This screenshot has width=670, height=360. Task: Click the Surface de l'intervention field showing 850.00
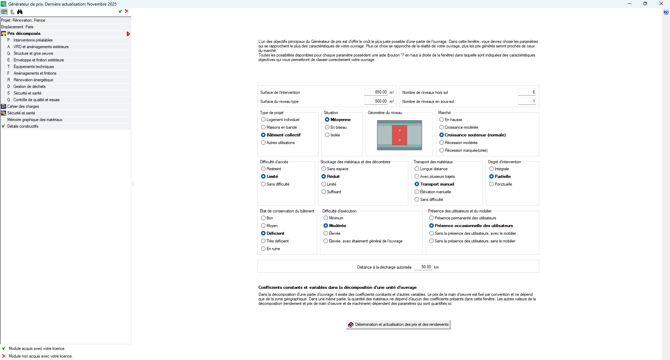(x=376, y=92)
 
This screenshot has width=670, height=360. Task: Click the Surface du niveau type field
(x=376, y=101)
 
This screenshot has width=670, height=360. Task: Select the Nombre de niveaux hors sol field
(x=527, y=92)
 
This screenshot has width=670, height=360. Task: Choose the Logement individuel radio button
(x=263, y=120)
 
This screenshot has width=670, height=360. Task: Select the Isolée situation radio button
(x=327, y=135)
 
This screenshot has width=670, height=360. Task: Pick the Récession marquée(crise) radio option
(x=442, y=150)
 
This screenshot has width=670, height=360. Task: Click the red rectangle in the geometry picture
(x=400, y=135)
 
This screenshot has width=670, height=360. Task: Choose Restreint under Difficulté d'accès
(x=263, y=169)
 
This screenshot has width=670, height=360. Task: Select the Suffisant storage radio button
(x=324, y=192)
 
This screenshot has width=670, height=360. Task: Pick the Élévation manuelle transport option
(x=417, y=192)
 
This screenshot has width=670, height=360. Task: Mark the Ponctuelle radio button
(x=492, y=184)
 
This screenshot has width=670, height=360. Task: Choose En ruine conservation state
(x=263, y=249)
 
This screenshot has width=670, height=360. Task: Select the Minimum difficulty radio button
(x=326, y=218)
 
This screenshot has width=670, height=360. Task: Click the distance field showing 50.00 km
(x=423, y=267)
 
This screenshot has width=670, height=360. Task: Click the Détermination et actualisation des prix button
(x=398, y=324)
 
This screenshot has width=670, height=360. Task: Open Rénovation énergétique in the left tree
(x=33, y=80)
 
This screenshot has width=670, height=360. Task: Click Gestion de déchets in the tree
(x=29, y=87)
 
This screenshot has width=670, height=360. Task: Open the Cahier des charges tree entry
(x=23, y=106)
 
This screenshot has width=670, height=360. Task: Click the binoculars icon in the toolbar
(x=20, y=12)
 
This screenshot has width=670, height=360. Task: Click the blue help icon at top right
(x=666, y=12)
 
